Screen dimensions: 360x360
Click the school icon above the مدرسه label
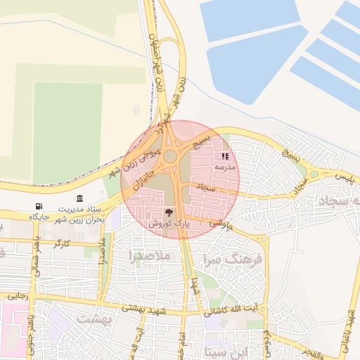click(225, 157)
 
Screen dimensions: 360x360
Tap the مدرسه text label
click(225, 168)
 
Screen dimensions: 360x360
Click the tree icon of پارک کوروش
click(169, 212)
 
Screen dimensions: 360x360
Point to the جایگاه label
click(38, 217)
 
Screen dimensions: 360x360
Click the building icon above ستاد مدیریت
click(79, 198)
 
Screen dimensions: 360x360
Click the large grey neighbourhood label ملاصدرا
click(150, 257)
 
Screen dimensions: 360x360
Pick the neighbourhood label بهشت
click(94, 319)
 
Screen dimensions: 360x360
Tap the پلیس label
click(347, 173)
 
